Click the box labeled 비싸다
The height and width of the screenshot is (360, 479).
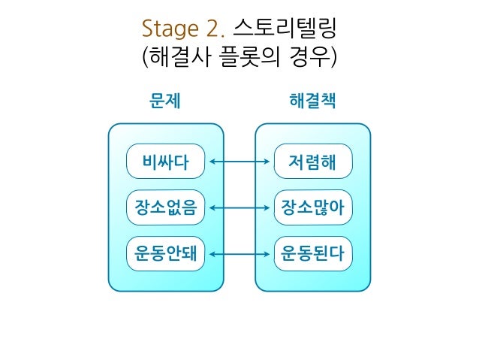pos(166,161)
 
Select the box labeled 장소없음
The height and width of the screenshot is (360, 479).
pos(166,207)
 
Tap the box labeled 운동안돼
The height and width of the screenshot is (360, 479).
pos(166,254)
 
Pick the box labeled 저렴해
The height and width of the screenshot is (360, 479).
pos(312,161)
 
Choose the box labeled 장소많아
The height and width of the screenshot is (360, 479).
pos(312,207)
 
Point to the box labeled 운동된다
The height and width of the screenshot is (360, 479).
pos(312,254)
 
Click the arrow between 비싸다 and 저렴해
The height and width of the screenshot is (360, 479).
pos(239,161)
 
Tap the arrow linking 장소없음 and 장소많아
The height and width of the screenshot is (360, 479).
pos(239,207)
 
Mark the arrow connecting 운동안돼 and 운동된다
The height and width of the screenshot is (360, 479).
pos(239,254)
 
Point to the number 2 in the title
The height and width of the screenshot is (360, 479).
pos(215,31)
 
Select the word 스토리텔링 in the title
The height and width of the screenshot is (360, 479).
pos(285,31)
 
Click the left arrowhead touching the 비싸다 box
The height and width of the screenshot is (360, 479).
pos(212,161)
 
